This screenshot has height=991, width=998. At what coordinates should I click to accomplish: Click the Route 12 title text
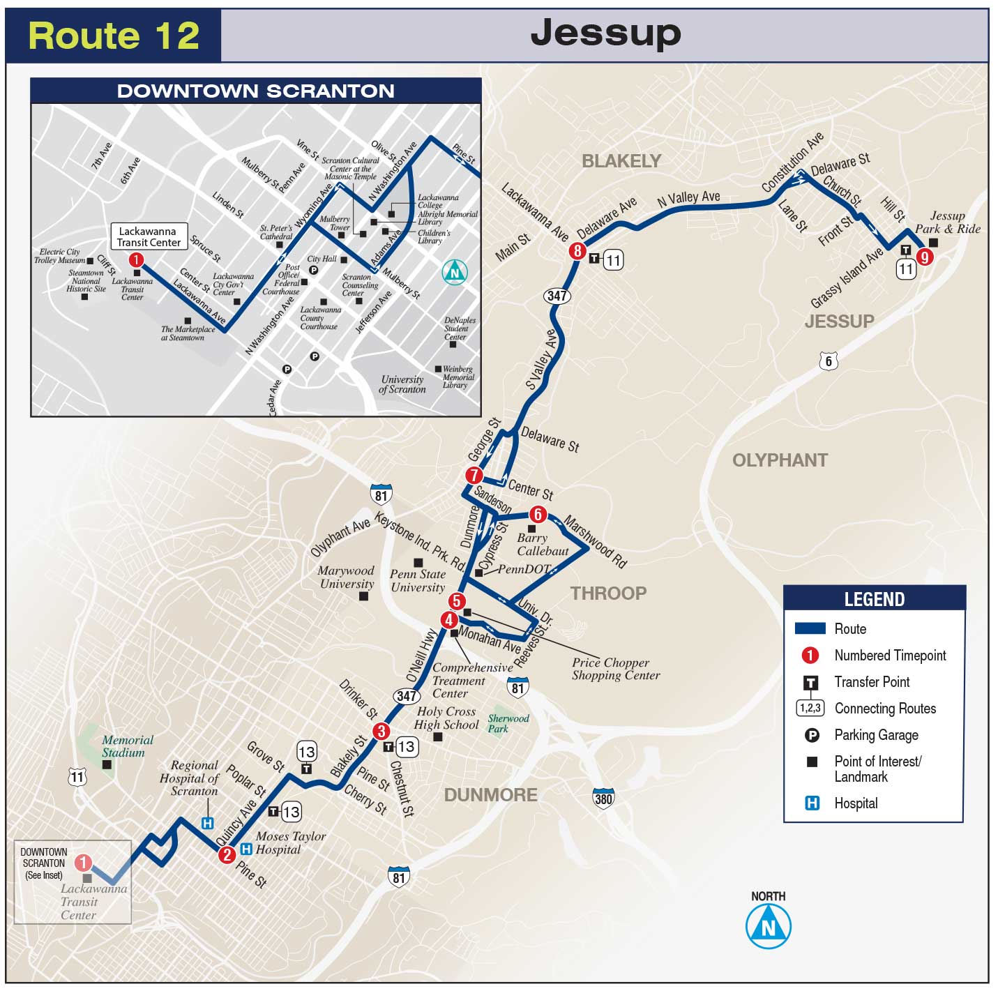point(114,36)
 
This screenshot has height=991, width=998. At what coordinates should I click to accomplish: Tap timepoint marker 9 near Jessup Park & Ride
point(925,257)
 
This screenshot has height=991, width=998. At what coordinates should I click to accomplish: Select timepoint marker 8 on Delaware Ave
point(577,251)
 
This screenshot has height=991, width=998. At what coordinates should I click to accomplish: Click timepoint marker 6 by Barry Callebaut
point(538,515)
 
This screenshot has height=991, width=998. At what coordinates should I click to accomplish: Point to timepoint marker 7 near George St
point(474,476)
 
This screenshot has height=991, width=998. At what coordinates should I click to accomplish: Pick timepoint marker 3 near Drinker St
point(381,731)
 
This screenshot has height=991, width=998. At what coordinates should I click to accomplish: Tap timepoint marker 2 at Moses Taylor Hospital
point(226,854)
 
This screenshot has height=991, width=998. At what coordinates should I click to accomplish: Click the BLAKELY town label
point(621,161)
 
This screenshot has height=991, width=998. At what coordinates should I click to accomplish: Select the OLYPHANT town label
point(780,460)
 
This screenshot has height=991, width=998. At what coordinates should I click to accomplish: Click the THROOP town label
point(608,593)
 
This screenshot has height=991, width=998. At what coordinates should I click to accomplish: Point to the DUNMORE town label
point(490,795)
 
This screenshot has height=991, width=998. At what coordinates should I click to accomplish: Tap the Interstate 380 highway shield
point(603,798)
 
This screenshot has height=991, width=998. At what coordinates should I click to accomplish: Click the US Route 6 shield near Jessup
point(829,361)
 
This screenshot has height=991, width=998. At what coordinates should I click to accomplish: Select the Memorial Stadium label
point(127,746)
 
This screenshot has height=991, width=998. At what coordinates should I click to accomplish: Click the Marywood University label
point(346,577)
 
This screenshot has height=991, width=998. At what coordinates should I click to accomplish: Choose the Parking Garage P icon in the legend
point(812,734)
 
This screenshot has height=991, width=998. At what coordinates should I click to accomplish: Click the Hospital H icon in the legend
point(812,803)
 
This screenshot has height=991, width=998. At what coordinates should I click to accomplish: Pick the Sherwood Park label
point(508,723)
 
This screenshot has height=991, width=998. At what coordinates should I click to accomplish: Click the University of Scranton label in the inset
point(402,384)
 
